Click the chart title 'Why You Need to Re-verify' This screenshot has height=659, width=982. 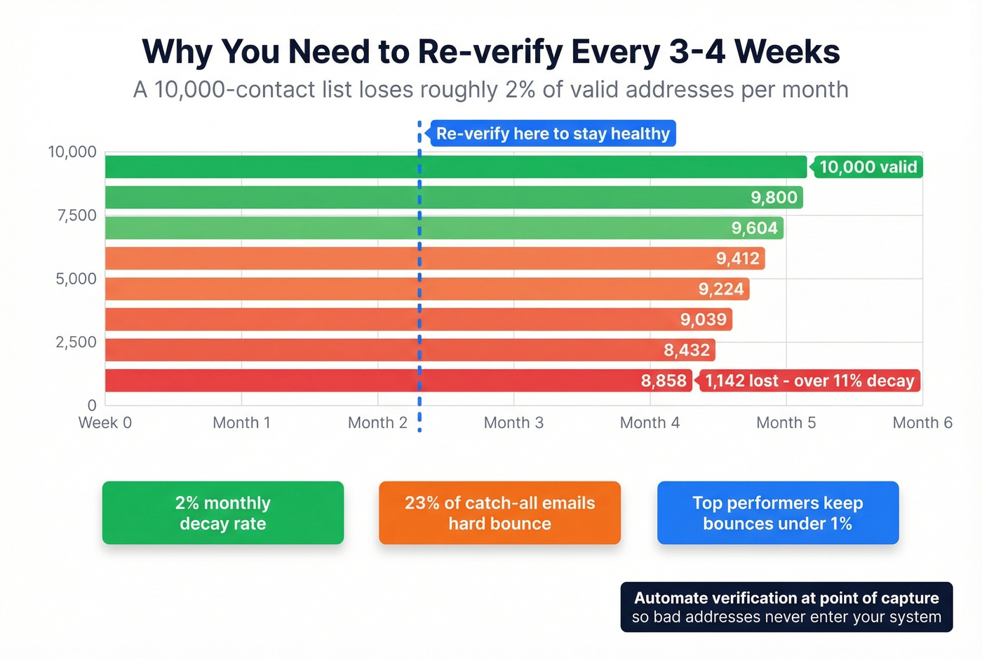[x=490, y=52]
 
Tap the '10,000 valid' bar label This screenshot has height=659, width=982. [x=867, y=167]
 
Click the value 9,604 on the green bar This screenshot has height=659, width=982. [x=754, y=228]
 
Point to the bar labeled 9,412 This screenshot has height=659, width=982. [x=435, y=258]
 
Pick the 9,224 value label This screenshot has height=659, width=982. [x=720, y=289]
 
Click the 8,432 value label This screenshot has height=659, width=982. [x=687, y=350]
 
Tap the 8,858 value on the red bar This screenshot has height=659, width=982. [x=663, y=381]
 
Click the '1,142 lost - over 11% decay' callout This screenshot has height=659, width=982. [x=809, y=381]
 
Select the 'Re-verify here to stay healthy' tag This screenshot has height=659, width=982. [x=553, y=133]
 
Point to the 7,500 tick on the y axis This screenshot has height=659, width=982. [x=76, y=215]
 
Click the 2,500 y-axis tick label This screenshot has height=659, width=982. [x=76, y=342]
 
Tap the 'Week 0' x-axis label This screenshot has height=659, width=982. [x=105, y=422]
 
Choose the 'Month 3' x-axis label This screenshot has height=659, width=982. [x=513, y=422]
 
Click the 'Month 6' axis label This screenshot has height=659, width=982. [x=922, y=422]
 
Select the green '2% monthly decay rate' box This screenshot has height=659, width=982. [x=223, y=513]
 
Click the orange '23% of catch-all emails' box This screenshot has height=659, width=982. [x=499, y=513]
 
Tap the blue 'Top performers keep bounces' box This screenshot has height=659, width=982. [x=777, y=513]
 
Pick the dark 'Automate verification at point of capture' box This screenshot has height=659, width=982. [x=786, y=607]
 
